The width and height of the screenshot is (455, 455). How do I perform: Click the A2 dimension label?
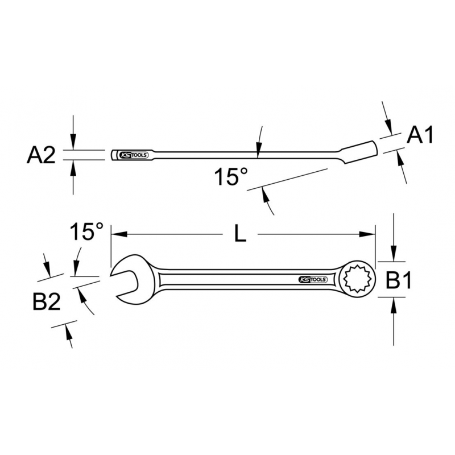(x=41, y=155)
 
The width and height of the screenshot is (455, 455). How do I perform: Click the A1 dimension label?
(x=420, y=135)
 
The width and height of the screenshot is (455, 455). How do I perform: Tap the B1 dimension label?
(x=399, y=280)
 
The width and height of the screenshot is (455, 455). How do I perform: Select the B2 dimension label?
(x=47, y=302)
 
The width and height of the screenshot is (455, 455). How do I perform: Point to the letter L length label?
(x=240, y=234)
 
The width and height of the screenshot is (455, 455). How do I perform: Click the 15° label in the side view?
(x=231, y=176)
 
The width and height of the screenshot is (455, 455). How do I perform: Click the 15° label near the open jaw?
(x=86, y=231)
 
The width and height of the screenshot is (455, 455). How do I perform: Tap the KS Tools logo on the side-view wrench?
(x=134, y=155)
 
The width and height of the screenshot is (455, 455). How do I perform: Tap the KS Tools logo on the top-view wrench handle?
(x=313, y=280)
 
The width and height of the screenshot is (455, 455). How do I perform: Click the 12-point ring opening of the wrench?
(x=358, y=279)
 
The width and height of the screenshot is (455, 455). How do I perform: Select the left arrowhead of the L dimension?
(x=119, y=234)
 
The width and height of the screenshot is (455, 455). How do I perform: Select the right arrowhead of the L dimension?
(x=367, y=234)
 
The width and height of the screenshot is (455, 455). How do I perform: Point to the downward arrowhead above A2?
(x=73, y=142)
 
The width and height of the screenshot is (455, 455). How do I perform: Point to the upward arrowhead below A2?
(x=73, y=168)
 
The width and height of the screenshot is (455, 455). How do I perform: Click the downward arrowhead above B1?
(x=394, y=253)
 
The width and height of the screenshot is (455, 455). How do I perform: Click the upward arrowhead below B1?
(x=394, y=305)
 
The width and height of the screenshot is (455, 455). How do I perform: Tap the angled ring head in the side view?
(x=359, y=152)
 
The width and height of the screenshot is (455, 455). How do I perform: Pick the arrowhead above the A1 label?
(x=389, y=127)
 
